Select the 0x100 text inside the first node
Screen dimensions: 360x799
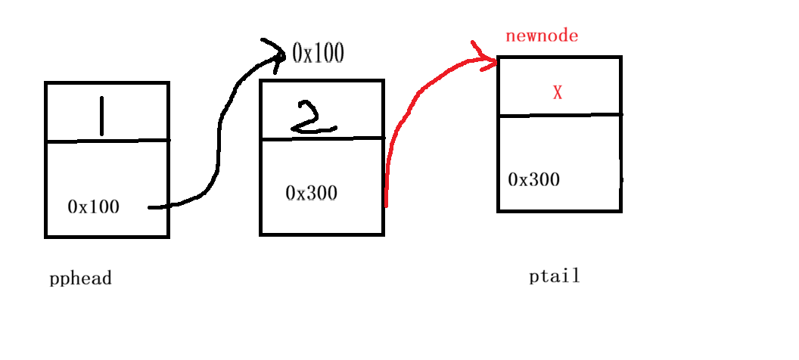coord(93,206)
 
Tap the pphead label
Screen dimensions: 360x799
coord(80,278)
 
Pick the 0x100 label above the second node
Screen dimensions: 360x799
coord(318,53)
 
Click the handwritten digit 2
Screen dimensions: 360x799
coord(314,119)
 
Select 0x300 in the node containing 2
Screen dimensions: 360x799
coord(311,193)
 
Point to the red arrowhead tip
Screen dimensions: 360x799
coord(496,62)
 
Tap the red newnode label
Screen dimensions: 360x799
coord(542,36)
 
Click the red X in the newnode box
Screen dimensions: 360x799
coord(558,92)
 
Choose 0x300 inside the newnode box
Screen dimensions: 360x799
coord(534,179)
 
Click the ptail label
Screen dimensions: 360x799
coord(555,276)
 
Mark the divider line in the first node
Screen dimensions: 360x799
coord(107,141)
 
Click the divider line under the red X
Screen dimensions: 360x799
coord(560,116)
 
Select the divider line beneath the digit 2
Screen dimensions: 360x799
coord(322,138)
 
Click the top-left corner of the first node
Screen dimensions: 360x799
coord(46,82)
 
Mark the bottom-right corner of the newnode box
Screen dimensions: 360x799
coord(620,211)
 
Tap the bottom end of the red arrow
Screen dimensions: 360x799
coord(387,204)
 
